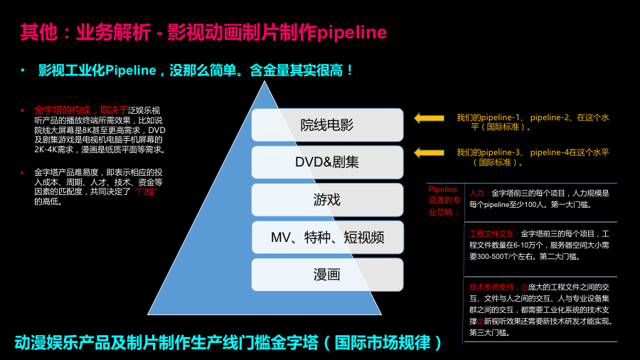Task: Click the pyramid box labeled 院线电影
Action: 327,125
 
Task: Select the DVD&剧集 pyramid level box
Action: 327,162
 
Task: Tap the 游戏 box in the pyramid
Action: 327,199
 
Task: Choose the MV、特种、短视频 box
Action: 327,237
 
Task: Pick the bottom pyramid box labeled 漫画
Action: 327,274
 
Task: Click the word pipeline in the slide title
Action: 352,33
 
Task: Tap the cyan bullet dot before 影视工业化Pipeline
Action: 23,70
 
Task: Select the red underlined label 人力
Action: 476,193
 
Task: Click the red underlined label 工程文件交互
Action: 493,233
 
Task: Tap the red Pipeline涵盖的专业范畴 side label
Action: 444,201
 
